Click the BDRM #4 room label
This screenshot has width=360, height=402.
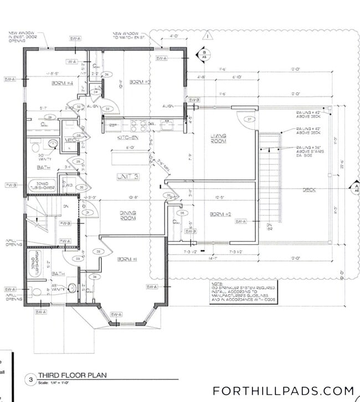click(x=63, y=83)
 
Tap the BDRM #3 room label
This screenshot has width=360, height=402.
click(x=140, y=82)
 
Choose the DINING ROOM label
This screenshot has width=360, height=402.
click(x=128, y=215)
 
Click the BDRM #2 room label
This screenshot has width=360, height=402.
click(x=220, y=214)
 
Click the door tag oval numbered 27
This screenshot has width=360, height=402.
click(x=249, y=119)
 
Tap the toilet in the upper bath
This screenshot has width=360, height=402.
click(x=52, y=145)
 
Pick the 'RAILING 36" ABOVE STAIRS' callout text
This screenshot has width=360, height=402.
click(x=311, y=151)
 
